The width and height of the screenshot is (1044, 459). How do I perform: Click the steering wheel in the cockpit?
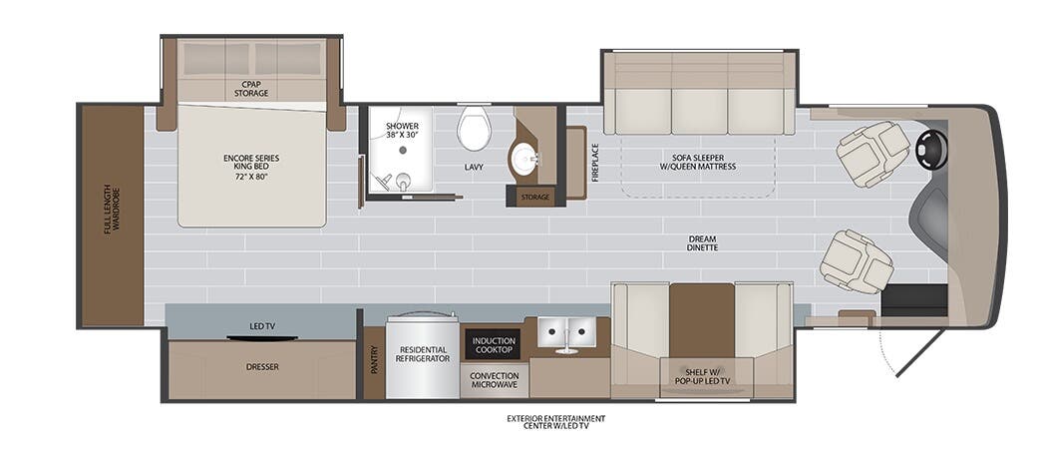click(931, 150)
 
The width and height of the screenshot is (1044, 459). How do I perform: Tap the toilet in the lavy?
click(475, 129)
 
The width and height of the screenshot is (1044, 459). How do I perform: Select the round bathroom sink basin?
click(523, 159)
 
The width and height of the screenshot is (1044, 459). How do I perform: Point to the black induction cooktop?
click(493, 345)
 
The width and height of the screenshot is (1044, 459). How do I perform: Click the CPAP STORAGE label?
click(251, 89)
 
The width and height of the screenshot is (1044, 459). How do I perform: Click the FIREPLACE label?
click(595, 162)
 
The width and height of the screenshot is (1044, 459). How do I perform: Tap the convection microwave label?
click(494, 381)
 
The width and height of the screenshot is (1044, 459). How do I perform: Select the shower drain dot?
click(403, 150)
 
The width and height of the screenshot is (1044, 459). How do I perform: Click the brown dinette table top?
click(701, 319)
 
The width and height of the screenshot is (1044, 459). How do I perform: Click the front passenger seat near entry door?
click(856, 260)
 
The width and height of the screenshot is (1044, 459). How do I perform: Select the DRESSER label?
click(262, 367)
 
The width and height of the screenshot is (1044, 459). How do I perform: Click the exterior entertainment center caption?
click(555, 422)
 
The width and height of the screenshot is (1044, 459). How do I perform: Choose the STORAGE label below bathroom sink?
click(534, 198)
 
